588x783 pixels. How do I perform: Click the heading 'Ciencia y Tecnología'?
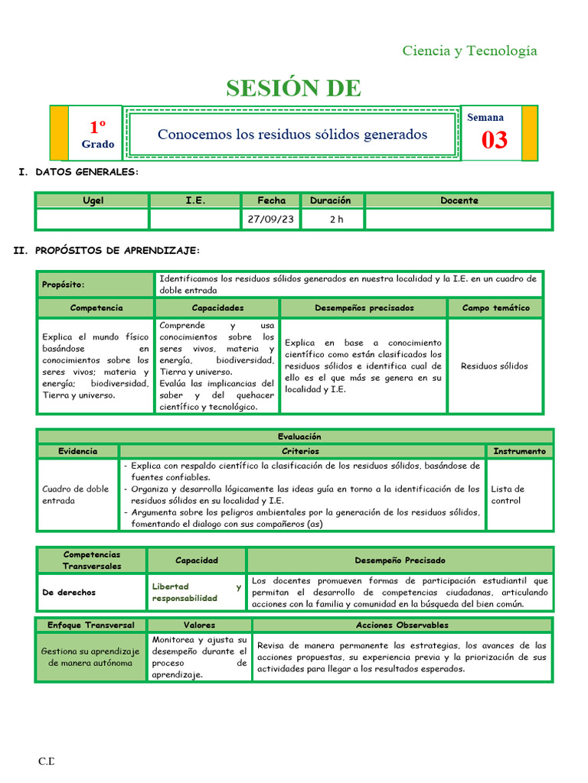point(469,51)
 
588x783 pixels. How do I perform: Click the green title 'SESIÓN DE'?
point(293,89)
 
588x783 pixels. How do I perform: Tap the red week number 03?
point(494,141)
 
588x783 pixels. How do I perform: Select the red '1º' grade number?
point(97,127)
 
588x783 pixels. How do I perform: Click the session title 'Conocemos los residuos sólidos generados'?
point(292,135)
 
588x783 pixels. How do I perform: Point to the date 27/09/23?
point(271,219)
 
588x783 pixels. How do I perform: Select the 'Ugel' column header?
point(93,200)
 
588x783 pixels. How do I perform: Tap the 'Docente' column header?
point(459,200)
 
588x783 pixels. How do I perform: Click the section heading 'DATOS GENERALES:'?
point(87,172)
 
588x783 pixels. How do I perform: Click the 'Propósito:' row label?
point(64,284)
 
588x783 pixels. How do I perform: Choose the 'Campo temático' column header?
point(495,307)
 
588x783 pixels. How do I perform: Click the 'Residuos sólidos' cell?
point(495,366)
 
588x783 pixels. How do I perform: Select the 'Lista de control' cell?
point(508,495)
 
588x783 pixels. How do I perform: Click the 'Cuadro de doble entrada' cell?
point(75,495)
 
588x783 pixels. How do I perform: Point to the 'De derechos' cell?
point(70,592)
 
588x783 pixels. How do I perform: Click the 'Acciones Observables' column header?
point(402,625)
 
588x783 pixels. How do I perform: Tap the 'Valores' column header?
point(198,625)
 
